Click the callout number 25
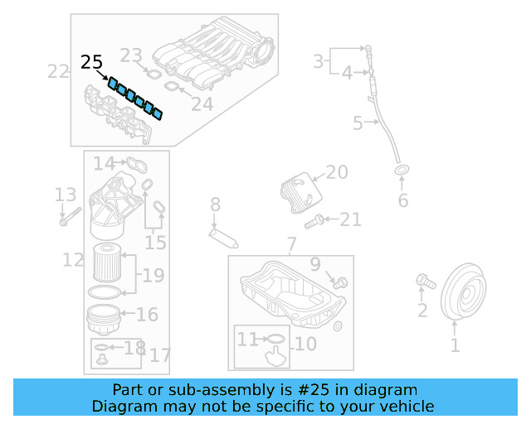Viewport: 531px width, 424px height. pos(92,62)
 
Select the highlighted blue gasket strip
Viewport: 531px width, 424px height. pos(134,97)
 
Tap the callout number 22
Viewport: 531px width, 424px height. pos(58,71)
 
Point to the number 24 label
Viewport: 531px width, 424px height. pos(202,104)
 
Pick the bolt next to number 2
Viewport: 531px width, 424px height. pos(426,282)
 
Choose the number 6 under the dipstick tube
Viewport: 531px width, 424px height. pos(403,200)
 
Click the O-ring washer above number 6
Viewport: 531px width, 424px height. pos(402,171)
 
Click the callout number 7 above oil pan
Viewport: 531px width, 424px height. pos(290,244)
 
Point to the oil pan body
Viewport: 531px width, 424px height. pos(290,294)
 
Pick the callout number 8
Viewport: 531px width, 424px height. pos(215,204)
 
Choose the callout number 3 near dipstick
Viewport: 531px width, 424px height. pos(318,60)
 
